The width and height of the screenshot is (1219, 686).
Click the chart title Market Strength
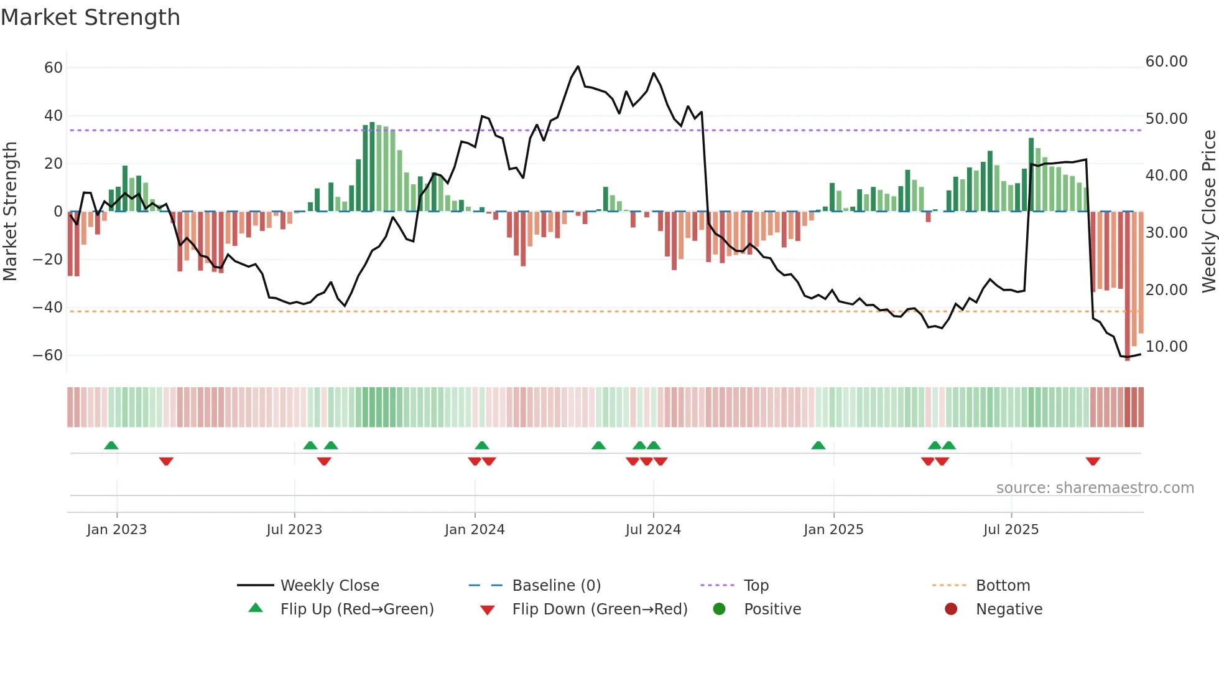coord(90,17)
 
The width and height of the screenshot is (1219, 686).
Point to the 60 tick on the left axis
coord(53,67)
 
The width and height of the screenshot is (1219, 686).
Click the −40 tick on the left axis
coord(48,307)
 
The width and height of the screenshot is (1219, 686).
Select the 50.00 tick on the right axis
coord(1166,118)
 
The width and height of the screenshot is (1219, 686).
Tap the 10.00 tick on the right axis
coord(1166,346)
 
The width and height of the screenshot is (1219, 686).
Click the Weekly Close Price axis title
coord(1208,211)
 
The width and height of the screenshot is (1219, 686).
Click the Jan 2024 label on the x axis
coord(475,529)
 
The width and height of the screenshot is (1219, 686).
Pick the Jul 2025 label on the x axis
coord(1011,529)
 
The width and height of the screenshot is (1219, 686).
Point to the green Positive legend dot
coord(719,609)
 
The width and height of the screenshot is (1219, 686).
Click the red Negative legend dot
coord(951,609)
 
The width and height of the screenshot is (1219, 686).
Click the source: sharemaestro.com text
coord(1095,487)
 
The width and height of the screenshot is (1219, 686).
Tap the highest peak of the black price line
coord(578,66)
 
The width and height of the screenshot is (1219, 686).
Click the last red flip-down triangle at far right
coord(1093,461)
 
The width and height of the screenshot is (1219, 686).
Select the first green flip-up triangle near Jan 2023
coord(111,445)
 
